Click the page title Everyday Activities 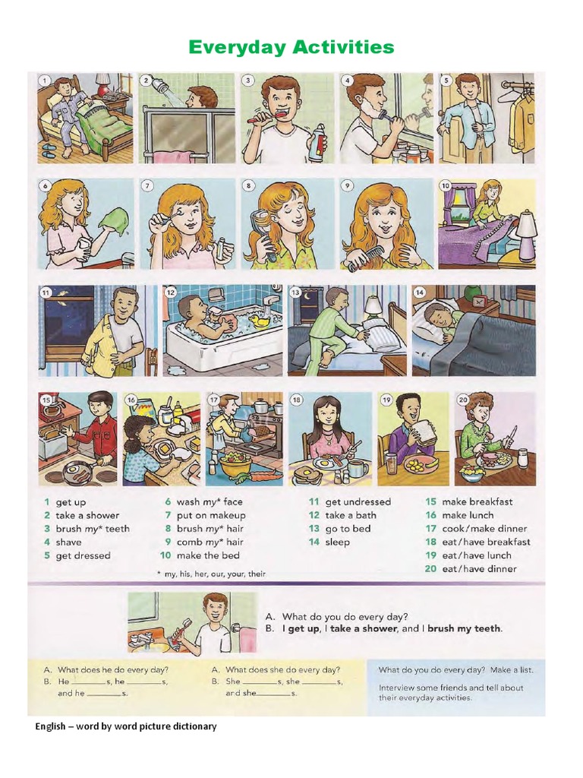click(x=291, y=48)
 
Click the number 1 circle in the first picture click(x=45, y=81)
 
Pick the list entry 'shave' click(x=68, y=542)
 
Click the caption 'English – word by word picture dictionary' click(x=126, y=726)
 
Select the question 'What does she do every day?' click(x=282, y=670)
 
